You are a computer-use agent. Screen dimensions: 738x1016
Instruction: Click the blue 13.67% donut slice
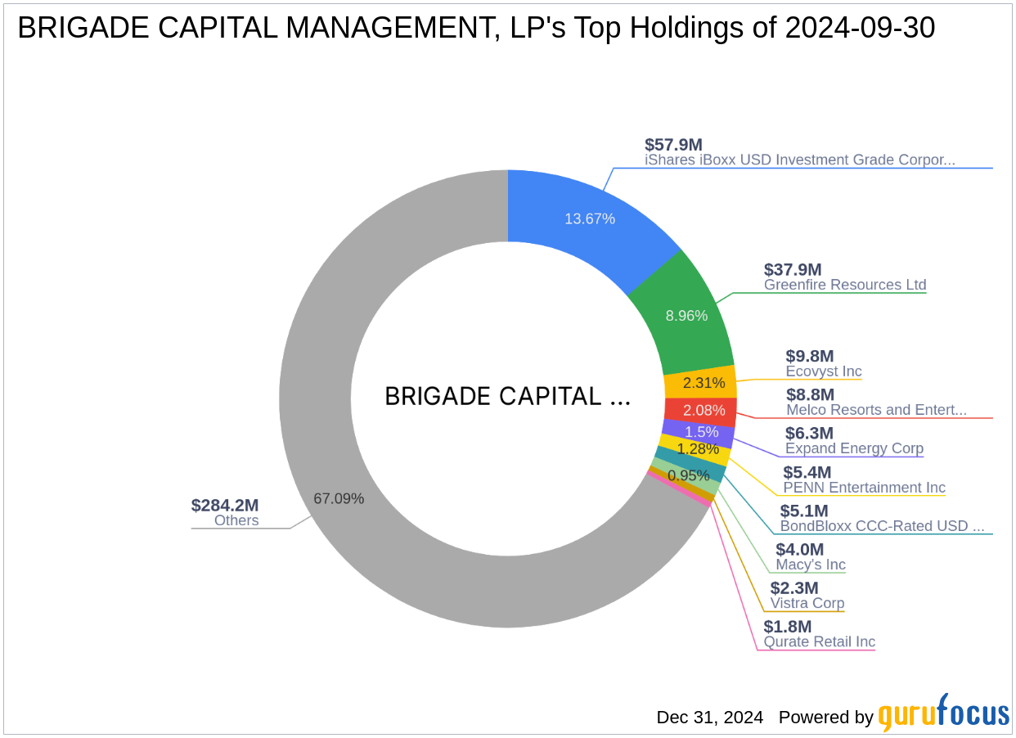coord(589,218)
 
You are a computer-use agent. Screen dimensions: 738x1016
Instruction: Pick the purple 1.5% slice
coord(700,432)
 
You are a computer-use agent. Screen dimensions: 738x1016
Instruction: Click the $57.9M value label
coord(673,145)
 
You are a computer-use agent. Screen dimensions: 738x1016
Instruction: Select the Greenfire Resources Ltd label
coord(845,285)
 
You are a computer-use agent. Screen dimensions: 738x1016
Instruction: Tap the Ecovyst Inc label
coord(824,371)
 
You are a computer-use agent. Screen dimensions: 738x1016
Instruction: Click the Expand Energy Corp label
coord(854,448)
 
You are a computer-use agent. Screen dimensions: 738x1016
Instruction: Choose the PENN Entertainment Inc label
coord(864,488)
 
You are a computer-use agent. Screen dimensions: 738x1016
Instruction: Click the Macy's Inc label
coord(811,565)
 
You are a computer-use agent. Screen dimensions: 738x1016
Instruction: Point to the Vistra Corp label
coord(807,603)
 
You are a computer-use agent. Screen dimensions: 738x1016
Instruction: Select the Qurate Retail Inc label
coord(820,641)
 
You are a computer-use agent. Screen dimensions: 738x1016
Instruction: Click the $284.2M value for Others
coord(225,505)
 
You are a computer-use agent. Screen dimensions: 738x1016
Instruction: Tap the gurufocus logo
coord(943,714)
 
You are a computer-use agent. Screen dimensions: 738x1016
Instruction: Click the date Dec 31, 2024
coord(709,718)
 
